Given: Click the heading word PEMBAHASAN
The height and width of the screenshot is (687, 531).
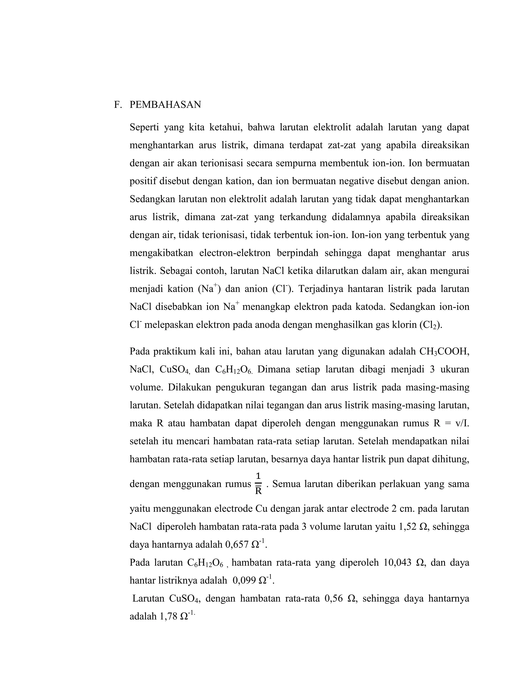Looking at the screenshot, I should [x=165, y=105].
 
